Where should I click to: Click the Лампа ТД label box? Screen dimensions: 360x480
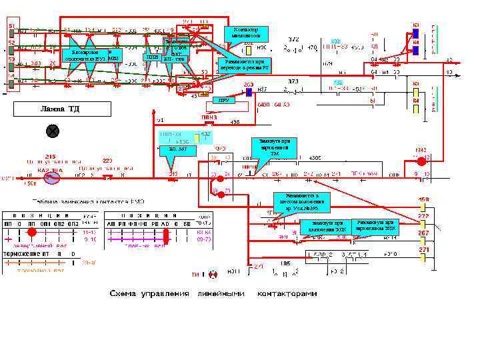(60, 109)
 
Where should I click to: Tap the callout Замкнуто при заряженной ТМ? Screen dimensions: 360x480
(274, 147)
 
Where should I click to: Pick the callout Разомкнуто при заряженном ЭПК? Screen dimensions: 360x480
(376, 225)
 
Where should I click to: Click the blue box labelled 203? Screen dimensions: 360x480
(248, 93)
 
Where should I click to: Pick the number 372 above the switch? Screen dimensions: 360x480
(293, 40)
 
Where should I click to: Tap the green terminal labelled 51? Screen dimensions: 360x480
(11, 33)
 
